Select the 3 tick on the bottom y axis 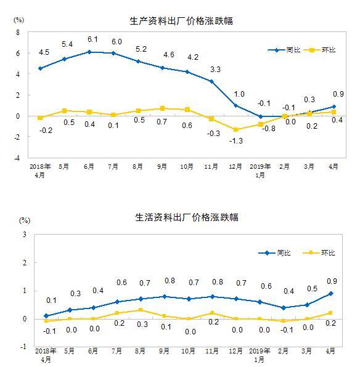24,235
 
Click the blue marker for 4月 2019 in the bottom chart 330,294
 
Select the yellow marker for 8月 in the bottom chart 141,310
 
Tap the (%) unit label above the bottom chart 25,220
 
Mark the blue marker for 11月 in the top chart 211,81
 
